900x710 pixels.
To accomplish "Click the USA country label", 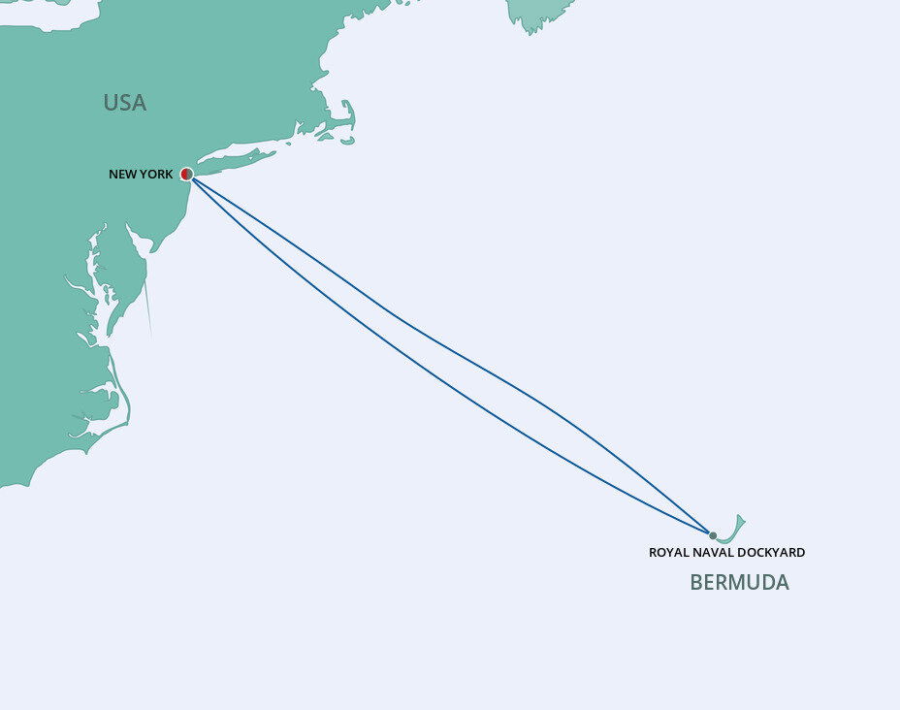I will (x=124, y=103).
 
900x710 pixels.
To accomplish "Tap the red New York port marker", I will (x=186, y=174).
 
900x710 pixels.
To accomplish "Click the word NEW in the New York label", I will (x=122, y=175).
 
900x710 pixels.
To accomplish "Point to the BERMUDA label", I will (x=739, y=583).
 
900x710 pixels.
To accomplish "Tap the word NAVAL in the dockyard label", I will (x=716, y=553).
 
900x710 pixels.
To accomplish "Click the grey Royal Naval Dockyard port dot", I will (x=713, y=535).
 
